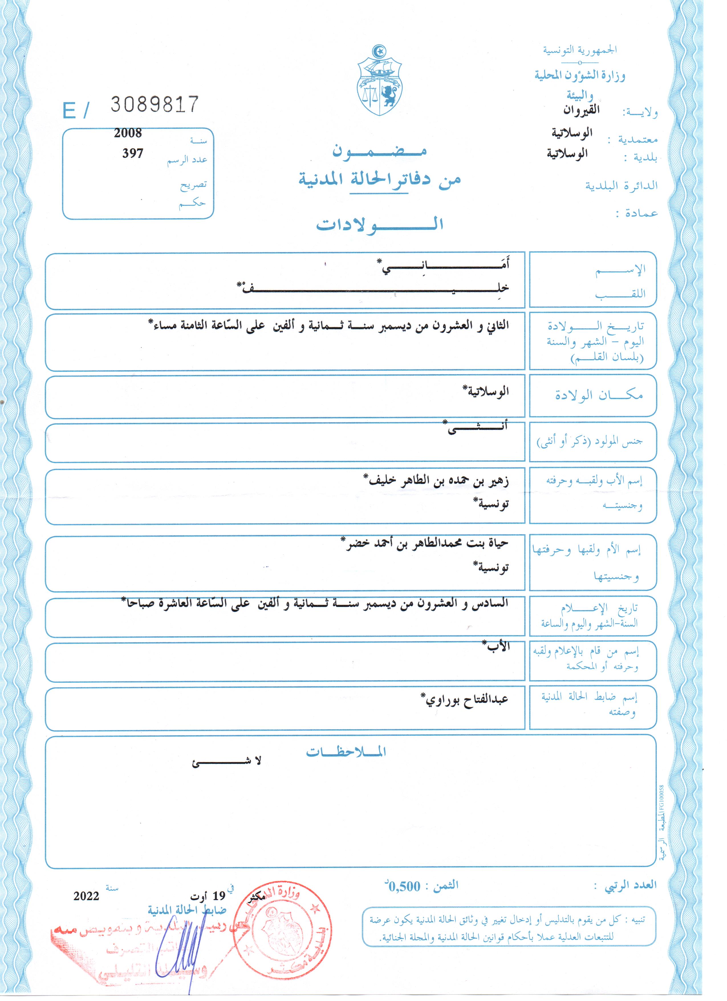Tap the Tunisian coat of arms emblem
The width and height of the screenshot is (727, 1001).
(379, 80)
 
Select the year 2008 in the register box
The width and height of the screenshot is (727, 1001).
(128, 133)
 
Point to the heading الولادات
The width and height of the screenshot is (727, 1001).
(379, 225)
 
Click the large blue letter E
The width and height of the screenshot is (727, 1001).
(70, 110)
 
